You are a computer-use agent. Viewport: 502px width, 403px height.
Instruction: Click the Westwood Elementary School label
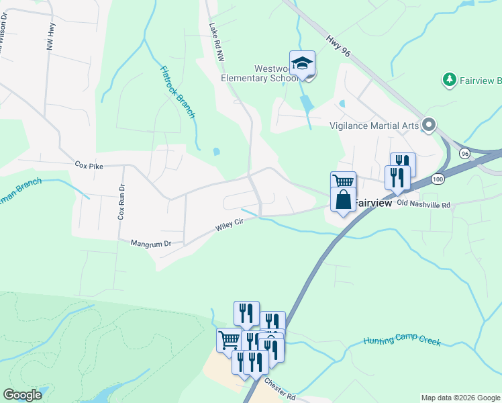tap(259, 73)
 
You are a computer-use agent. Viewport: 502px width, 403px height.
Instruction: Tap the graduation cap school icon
tap(302, 62)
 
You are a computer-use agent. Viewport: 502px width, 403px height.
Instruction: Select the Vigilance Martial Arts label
tap(374, 125)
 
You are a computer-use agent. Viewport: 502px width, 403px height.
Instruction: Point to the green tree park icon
tap(449, 81)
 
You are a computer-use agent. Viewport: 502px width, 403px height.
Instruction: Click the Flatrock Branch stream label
tap(177, 92)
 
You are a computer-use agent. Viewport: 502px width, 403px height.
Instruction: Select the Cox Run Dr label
tap(121, 202)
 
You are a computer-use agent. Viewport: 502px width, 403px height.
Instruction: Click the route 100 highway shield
tap(438, 180)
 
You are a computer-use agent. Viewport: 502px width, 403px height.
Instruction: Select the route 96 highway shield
tap(464, 154)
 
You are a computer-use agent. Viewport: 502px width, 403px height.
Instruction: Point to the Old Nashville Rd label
tap(424, 203)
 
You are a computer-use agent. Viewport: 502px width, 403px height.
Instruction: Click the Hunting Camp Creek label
tap(403, 341)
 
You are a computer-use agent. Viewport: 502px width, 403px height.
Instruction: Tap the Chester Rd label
tap(280, 388)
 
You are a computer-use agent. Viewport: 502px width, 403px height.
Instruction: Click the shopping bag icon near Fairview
tap(343, 200)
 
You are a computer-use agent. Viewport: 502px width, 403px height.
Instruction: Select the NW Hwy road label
tap(50, 34)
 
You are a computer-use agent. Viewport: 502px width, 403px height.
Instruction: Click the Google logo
tap(23, 395)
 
